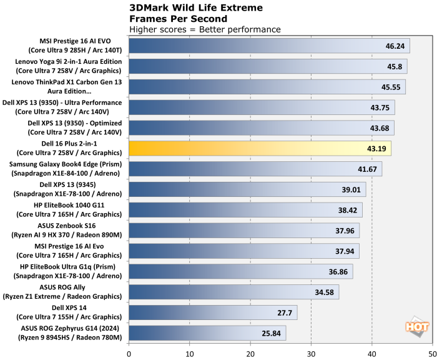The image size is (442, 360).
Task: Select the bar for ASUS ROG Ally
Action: point(234,292)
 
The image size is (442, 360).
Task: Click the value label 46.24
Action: point(398,46)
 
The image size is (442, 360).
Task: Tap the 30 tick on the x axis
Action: point(311,353)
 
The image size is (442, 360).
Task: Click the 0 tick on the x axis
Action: point(129,353)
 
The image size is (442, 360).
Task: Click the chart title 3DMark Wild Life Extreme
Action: point(195,8)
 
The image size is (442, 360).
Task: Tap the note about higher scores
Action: point(205,29)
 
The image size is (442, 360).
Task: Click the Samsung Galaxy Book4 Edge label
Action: point(69,169)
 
